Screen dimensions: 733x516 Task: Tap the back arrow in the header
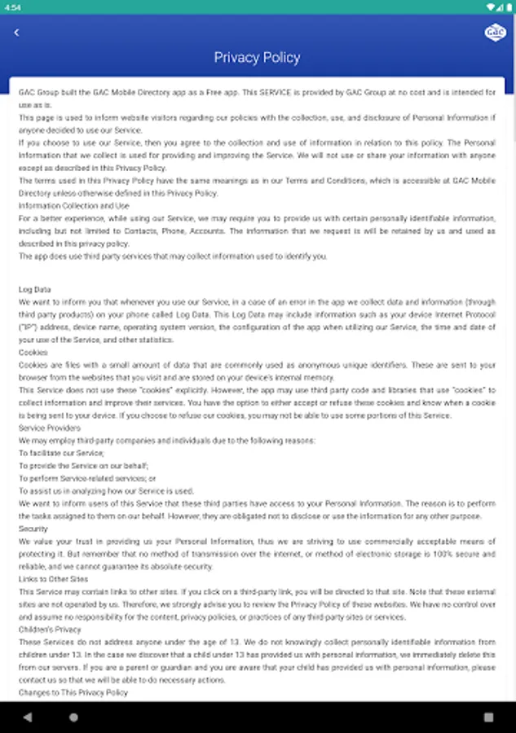tap(16, 33)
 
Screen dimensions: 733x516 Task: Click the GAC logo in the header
tap(494, 32)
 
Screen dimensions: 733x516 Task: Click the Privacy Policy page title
tap(257, 58)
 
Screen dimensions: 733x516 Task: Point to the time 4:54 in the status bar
tap(13, 7)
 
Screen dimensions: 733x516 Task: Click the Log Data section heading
tap(35, 289)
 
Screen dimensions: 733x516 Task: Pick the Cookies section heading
tap(33, 353)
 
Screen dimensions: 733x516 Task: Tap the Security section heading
tap(33, 529)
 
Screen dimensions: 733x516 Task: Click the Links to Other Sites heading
tap(53, 579)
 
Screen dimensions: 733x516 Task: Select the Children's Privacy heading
tap(50, 630)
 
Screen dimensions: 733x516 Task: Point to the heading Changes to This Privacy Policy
tap(73, 692)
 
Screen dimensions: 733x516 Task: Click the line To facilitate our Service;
tap(61, 454)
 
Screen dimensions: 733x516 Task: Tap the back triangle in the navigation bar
tap(27, 718)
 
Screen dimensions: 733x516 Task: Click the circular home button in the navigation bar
tap(73, 718)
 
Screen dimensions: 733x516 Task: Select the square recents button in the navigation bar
tap(488, 718)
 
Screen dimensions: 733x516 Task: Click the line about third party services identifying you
tap(173, 257)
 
